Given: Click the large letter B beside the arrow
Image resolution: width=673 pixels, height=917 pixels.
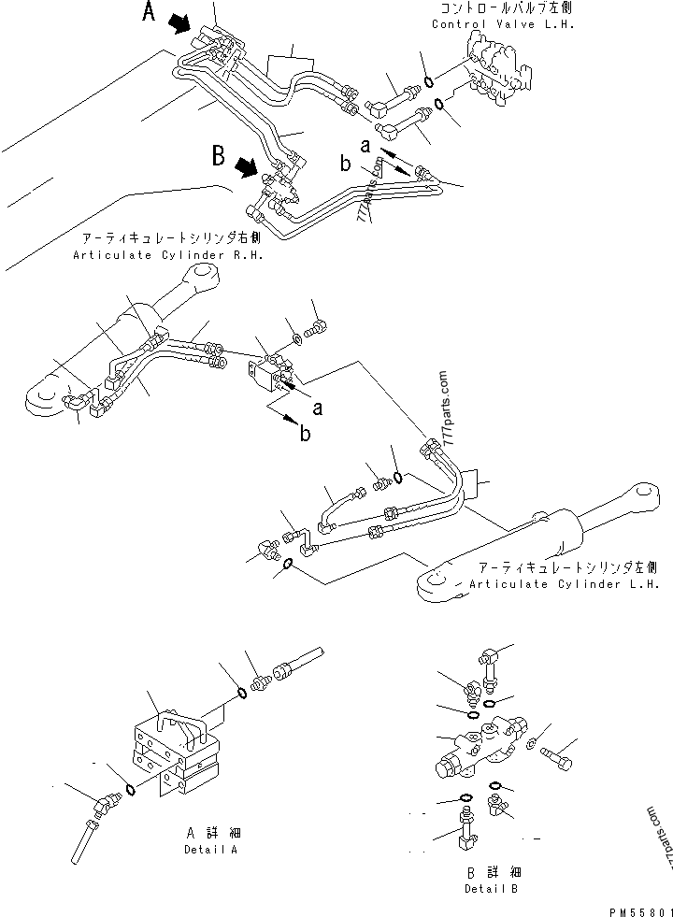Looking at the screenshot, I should click(219, 156).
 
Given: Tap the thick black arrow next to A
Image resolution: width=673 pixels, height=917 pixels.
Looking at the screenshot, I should click(181, 25).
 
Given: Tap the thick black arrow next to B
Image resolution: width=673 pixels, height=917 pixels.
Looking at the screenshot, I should click(248, 168).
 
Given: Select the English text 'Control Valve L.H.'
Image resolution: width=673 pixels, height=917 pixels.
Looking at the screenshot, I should click(502, 24).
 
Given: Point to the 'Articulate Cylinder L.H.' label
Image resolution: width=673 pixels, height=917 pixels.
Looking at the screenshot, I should click(566, 584).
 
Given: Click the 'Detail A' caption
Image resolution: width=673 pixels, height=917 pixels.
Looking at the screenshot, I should click(210, 851).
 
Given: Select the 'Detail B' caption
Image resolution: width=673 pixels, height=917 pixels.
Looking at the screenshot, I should click(492, 888).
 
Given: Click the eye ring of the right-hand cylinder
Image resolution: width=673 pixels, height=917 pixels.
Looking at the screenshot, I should click(202, 275).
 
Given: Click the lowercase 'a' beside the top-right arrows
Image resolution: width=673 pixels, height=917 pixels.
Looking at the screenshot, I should click(366, 145).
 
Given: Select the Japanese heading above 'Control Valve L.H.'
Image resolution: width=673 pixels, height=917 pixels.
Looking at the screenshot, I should click(502, 8).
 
